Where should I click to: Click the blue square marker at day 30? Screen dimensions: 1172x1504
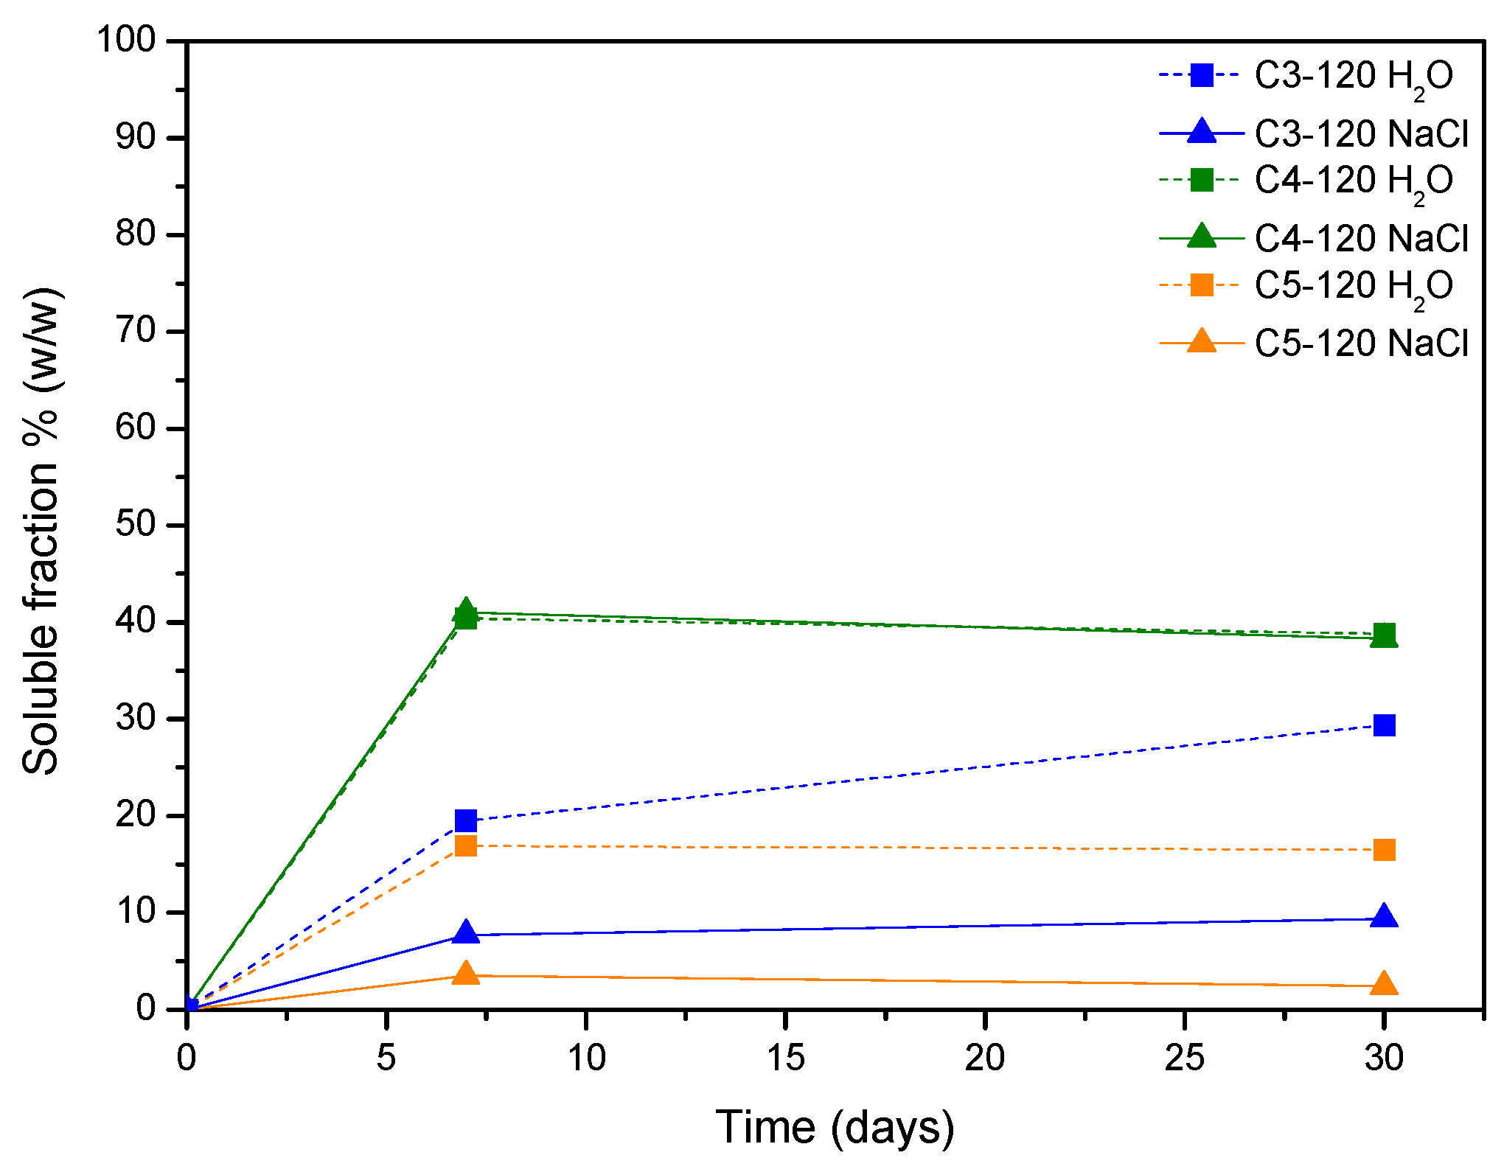(x=1384, y=725)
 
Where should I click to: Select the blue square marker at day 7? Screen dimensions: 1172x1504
(x=466, y=820)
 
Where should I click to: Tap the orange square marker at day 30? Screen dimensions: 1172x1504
(x=1384, y=850)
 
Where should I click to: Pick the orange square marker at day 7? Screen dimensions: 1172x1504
(x=466, y=845)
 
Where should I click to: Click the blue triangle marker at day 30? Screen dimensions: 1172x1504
(x=1384, y=917)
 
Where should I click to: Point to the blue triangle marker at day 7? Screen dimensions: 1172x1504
(x=466, y=932)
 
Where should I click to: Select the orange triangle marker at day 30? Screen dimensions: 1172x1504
(x=1384, y=984)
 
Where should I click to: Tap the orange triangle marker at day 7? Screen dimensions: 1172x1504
(x=466, y=974)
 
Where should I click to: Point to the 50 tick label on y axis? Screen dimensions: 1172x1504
(x=136, y=524)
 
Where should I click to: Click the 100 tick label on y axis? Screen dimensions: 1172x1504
(x=127, y=40)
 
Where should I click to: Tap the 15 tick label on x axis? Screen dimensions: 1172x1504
(x=785, y=1058)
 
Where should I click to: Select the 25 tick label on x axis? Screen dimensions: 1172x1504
(x=1184, y=1058)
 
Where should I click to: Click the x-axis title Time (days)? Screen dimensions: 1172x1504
(x=835, y=1127)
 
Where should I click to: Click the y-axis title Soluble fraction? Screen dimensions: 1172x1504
(x=43, y=531)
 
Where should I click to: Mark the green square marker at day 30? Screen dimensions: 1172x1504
(x=1384, y=633)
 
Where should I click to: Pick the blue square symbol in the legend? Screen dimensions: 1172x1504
(x=1202, y=75)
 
